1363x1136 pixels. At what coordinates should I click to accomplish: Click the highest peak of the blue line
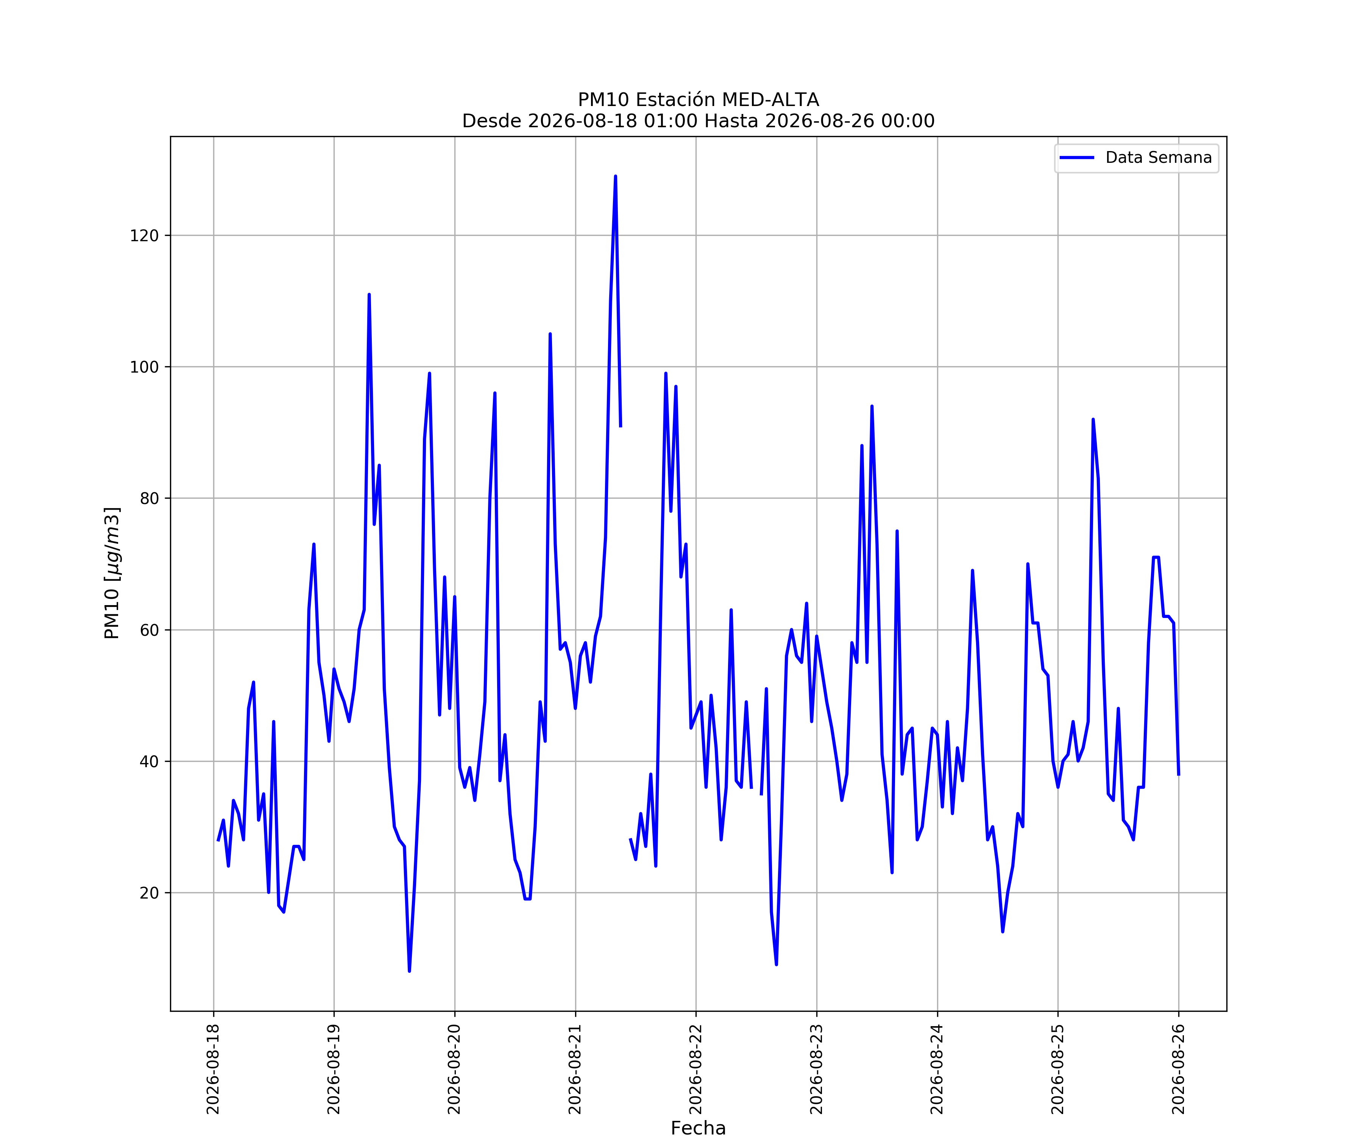click(x=615, y=176)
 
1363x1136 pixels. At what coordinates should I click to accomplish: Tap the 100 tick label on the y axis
click(x=144, y=367)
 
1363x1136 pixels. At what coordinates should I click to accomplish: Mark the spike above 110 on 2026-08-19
click(x=369, y=295)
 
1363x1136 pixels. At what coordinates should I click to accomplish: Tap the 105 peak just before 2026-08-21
click(x=550, y=334)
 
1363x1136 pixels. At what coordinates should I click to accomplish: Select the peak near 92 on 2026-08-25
click(x=1093, y=419)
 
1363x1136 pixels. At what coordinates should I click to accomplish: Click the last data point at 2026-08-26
click(x=1179, y=774)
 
